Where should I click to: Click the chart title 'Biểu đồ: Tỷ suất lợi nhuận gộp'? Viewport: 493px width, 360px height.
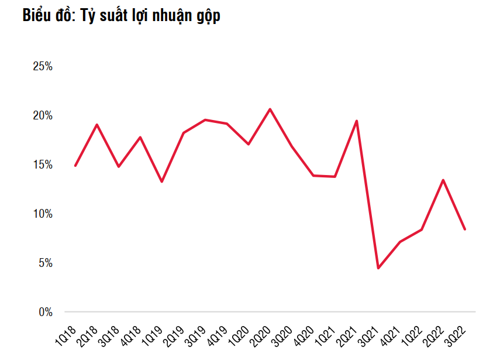point(121,16)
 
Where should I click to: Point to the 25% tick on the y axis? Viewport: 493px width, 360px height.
point(43,67)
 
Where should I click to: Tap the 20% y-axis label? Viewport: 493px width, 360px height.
point(43,116)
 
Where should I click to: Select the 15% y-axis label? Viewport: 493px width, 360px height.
point(43,165)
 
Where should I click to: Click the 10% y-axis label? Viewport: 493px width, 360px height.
point(43,214)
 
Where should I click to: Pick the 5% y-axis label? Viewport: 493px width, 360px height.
point(45,263)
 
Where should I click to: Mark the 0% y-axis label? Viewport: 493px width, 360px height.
point(45,312)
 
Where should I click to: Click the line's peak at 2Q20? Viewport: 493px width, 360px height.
point(270,109)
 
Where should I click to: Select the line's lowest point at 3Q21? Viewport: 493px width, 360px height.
point(378,268)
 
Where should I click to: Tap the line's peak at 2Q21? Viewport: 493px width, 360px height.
point(357,121)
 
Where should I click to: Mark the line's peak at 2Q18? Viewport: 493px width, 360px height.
point(96,125)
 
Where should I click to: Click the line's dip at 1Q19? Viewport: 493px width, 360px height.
point(161,181)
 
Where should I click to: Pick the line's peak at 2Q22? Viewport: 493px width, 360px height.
point(443,180)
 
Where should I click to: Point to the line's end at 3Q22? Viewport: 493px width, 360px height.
point(465,229)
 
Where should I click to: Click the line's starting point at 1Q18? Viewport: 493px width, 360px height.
point(75,166)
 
